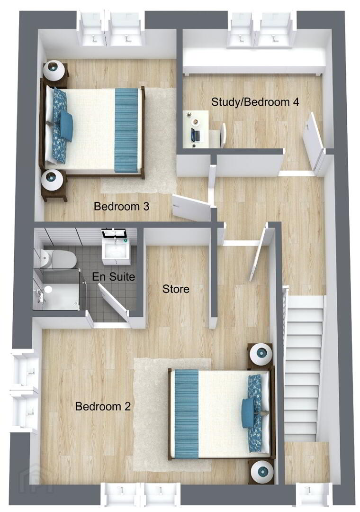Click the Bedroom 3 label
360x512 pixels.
121,206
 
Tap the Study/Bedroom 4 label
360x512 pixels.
255,102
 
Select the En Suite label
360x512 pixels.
113,276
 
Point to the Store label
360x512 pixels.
176,289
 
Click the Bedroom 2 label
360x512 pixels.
103,406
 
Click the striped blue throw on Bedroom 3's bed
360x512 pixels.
126,130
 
